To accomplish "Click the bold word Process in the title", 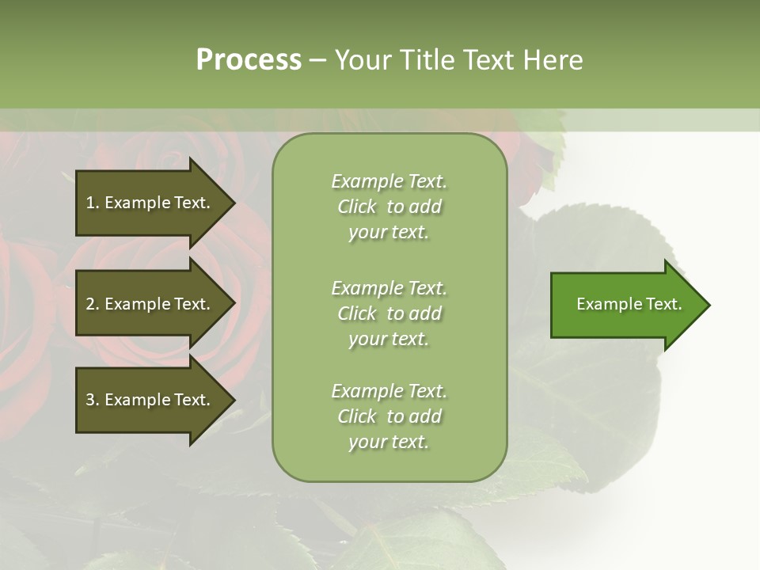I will tap(249, 60).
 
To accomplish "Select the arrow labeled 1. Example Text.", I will tap(150, 203).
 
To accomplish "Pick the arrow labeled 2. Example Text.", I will tap(150, 304).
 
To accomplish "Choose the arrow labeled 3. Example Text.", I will tap(150, 400).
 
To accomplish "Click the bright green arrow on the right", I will tap(625, 304).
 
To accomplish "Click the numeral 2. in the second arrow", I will tap(93, 304).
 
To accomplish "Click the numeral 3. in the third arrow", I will tap(93, 400).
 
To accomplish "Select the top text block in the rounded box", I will tap(389, 207).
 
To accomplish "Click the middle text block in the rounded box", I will tap(389, 313).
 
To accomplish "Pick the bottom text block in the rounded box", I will tap(389, 416).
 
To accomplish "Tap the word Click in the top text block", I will tap(357, 207).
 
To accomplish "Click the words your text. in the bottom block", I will tap(389, 442).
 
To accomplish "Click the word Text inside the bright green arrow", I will tap(663, 304).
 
